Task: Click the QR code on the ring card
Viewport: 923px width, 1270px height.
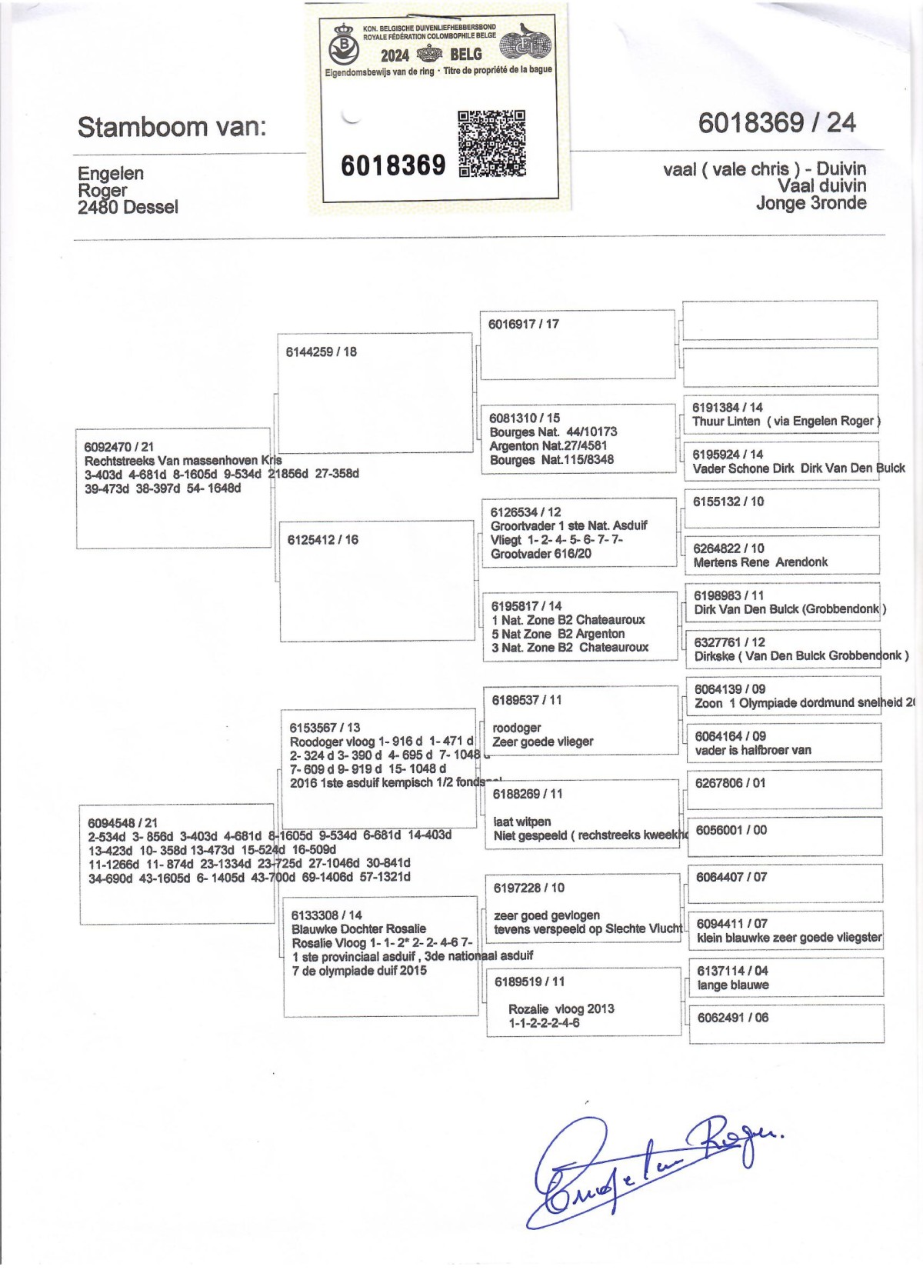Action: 492,144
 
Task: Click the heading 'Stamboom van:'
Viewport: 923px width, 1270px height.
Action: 172,127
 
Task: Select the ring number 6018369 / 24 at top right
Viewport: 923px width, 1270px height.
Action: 777,123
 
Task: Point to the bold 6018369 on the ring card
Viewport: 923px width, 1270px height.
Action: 393,165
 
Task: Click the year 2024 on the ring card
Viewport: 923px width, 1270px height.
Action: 395,55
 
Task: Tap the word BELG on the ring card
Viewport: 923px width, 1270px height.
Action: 465,55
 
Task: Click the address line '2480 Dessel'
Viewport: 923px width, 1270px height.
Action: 128,207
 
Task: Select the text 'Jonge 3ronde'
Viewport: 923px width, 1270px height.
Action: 811,203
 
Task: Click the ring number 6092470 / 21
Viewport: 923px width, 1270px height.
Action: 119,447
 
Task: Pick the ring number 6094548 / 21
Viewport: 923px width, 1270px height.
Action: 122,822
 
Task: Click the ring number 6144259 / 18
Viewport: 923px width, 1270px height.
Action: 322,352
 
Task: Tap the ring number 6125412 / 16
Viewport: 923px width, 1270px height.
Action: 323,540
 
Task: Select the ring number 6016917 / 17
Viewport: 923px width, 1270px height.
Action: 524,324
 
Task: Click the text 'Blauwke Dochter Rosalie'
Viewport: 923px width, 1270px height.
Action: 358,928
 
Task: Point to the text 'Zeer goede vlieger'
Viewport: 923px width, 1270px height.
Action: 543,742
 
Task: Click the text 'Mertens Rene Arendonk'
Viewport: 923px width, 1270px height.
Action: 760,562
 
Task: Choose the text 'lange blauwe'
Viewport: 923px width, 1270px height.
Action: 733,985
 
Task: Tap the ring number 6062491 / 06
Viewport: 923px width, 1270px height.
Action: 733,1018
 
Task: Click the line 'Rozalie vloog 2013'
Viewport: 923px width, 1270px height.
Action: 561,1008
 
